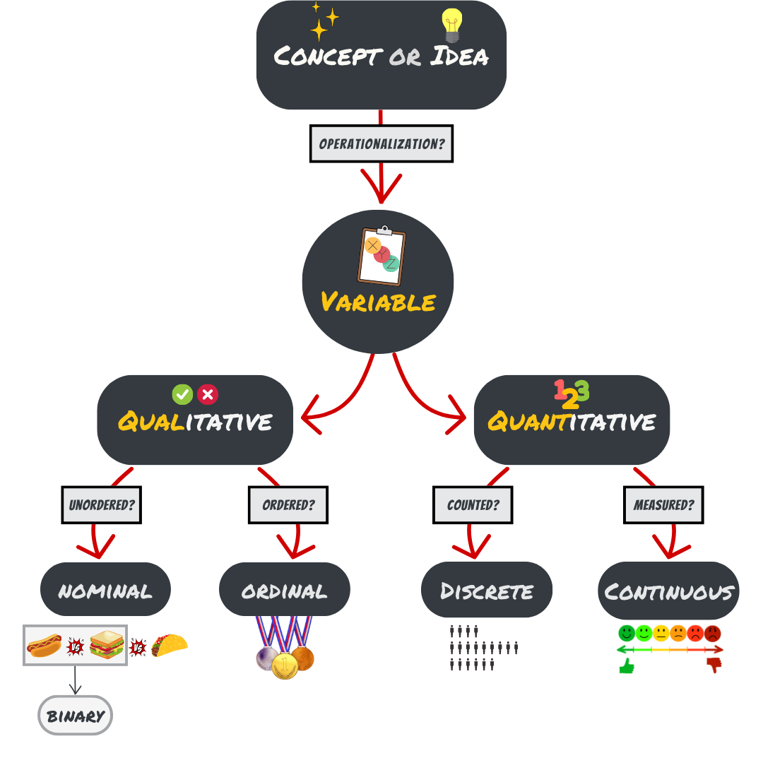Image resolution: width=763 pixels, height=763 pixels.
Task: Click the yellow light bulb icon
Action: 451,25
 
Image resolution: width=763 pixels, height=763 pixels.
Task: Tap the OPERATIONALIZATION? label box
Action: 381,143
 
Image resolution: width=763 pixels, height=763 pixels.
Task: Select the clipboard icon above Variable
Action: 381,256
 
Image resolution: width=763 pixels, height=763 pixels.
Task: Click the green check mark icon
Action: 182,394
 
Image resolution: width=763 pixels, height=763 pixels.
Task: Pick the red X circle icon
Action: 208,394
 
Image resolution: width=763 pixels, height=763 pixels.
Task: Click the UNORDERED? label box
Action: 102,505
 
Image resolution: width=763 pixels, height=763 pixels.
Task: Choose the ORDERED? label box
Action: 288,505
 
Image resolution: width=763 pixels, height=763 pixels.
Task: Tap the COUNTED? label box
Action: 473,505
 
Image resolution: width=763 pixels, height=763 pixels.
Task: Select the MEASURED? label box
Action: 663,505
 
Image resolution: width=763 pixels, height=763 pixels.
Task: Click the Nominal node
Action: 105,590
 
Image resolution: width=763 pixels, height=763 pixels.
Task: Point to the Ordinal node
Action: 285,590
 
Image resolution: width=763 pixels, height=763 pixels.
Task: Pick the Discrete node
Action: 487,590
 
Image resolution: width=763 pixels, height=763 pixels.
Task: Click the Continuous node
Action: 668,591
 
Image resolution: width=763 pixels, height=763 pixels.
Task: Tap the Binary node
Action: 75,716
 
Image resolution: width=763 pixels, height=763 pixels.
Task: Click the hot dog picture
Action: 44,646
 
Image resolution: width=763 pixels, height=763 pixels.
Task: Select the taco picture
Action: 170,645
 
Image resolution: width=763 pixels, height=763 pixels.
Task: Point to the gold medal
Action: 285,666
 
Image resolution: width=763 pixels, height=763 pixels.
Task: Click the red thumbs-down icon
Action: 714,665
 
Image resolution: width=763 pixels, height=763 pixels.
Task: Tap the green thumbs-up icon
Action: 627,666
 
